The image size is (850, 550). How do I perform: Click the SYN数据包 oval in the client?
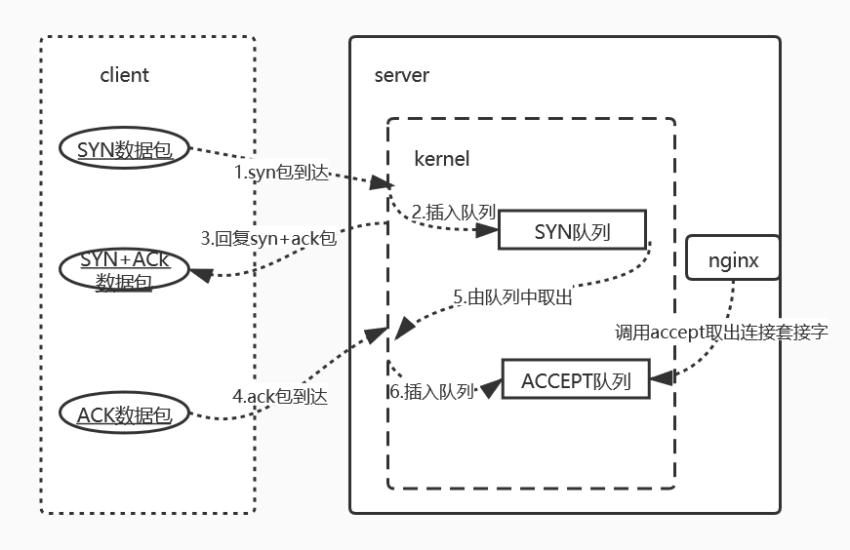pyautogui.click(x=123, y=149)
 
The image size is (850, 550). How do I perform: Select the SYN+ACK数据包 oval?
pyautogui.click(x=125, y=270)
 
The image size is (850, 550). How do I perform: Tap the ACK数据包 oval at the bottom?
pyautogui.click(x=124, y=415)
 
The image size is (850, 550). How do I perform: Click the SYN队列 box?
pyautogui.click(x=572, y=231)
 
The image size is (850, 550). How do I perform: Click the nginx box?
pyautogui.click(x=733, y=260)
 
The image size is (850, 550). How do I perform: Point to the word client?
pyautogui.click(x=125, y=75)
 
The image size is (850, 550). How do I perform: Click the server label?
pyautogui.click(x=401, y=75)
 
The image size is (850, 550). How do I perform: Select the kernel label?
pyautogui.click(x=442, y=158)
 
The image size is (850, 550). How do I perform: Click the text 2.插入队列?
pyautogui.click(x=451, y=212)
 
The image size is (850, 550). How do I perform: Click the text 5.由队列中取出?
pyautogui.click(x=513, y=298)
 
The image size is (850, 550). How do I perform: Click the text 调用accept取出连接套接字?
pyautogui.click(x=721, y=332)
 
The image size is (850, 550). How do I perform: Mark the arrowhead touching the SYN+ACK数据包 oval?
pyautogui.click(x=200, y=275)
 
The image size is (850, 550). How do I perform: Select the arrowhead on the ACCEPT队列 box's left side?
pyautogui.click(x=491, y=387)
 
